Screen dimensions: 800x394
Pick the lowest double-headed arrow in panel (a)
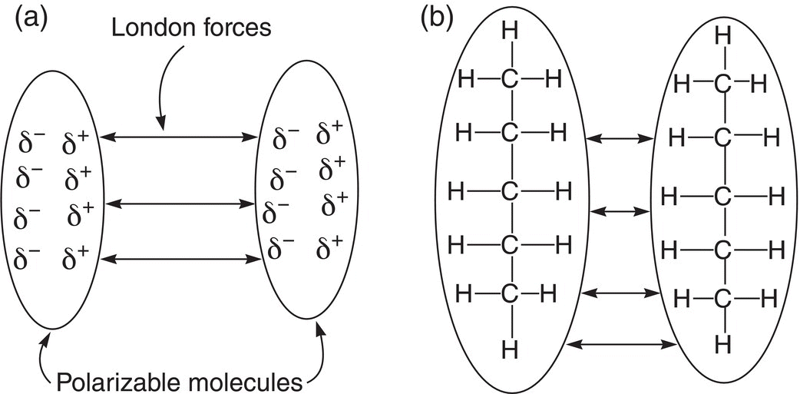tap(180, 260)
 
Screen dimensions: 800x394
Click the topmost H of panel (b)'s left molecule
tap(510, 31)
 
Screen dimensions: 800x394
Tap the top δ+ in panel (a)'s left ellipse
tap(77, 144)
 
